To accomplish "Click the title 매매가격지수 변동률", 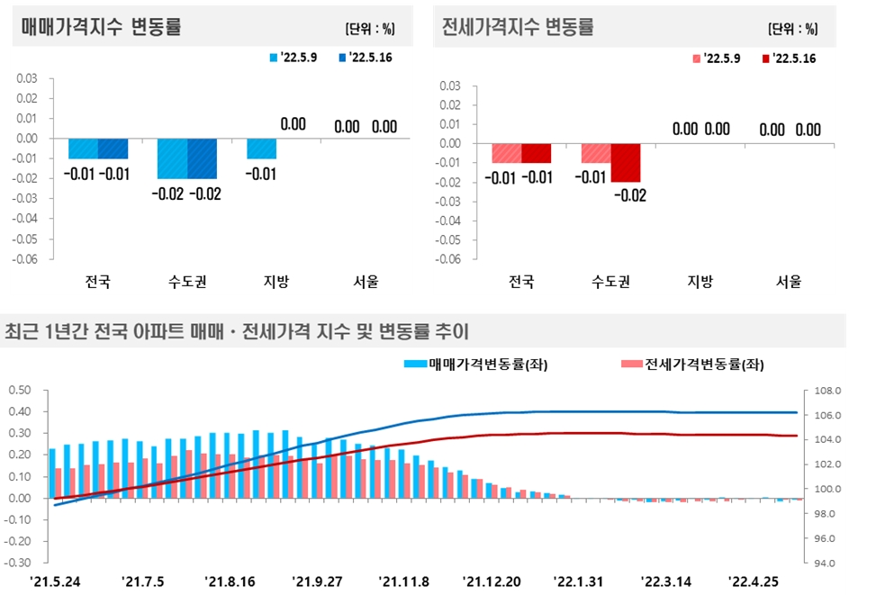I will pos(102,26).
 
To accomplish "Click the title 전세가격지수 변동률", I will pos(518,26).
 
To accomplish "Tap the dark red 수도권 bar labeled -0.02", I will pos(625,163).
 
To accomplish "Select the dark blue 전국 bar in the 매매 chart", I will pos(113,149).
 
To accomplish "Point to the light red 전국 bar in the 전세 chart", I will pos(507,153).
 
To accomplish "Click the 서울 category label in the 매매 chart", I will pos(366,282).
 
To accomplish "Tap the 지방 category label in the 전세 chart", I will pos(700,282).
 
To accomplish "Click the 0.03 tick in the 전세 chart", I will pos(449,86).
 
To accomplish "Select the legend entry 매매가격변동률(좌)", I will pos(476,365).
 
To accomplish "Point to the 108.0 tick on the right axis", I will pos(826,392).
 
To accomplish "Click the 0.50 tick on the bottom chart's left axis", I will pos(20,391).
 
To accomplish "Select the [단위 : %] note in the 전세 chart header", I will pos(793,28).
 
